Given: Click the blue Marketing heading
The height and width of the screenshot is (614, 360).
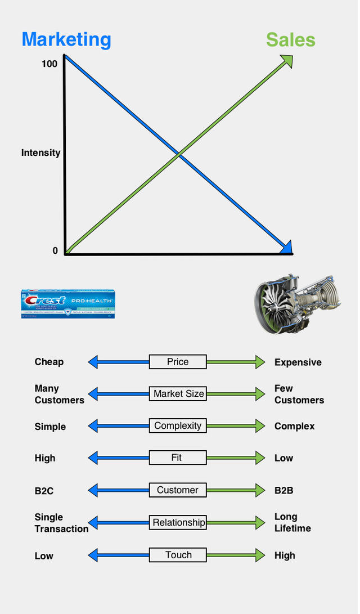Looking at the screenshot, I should tap(66, 40).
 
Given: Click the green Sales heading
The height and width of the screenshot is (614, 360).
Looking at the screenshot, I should tap(290, 40).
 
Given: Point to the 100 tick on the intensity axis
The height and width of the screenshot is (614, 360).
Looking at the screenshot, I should tap(49, 64).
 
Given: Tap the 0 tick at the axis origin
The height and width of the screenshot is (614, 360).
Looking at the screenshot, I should tap(55, 251).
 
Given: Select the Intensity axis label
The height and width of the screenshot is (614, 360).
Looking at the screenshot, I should tap(40, 153).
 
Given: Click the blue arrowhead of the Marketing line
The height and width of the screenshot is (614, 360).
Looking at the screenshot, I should tap(286, 247).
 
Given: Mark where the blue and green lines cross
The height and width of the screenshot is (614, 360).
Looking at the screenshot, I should tap(178, 153).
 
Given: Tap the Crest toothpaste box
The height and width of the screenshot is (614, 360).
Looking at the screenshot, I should tap(67, 304).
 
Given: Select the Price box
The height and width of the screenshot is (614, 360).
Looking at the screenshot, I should tap(178, 362).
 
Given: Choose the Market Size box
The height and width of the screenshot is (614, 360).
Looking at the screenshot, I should tap(178, 394).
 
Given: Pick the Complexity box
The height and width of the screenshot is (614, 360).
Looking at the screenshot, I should tap(178, 426).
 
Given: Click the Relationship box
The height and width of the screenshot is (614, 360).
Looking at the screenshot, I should tap(178, 523).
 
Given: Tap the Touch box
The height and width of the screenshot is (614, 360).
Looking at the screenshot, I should tap(178, 555).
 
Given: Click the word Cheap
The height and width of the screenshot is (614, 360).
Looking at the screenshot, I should tap(49, 362).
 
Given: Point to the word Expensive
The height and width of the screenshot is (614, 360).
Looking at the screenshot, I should tap(298, 362).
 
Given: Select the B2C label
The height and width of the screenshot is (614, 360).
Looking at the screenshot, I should tap(44, 491).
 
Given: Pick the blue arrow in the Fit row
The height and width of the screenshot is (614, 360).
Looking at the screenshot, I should tap(119, 458).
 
